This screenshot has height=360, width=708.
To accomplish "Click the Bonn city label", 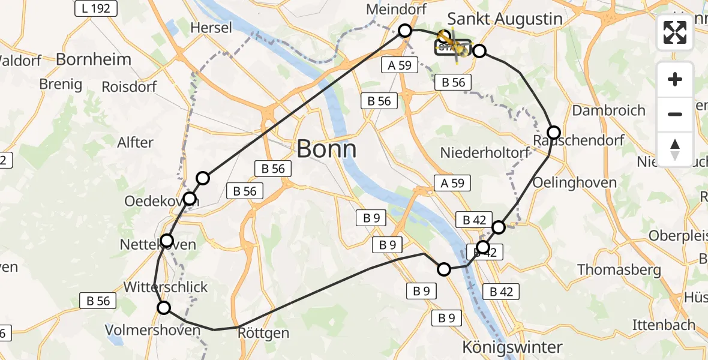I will (326, 149).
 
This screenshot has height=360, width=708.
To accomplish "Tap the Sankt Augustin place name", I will (505, 19).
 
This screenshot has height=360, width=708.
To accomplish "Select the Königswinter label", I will (512, 347).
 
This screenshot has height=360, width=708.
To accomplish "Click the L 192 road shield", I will (96, 8).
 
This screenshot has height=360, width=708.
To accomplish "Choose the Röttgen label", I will (263, 332).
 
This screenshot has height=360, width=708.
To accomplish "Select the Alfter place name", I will (136, 143).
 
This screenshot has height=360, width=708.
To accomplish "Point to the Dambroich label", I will (608, 110).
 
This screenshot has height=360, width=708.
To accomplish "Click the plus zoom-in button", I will (675, 79).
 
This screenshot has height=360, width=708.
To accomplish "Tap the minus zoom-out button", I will (675, 114).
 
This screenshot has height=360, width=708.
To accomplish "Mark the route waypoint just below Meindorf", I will (405, 31).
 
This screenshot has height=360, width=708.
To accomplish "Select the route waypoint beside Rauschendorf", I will (553, 133).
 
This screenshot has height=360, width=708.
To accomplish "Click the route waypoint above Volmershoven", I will (164, 308).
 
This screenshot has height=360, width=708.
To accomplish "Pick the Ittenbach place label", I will (664, 325).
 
